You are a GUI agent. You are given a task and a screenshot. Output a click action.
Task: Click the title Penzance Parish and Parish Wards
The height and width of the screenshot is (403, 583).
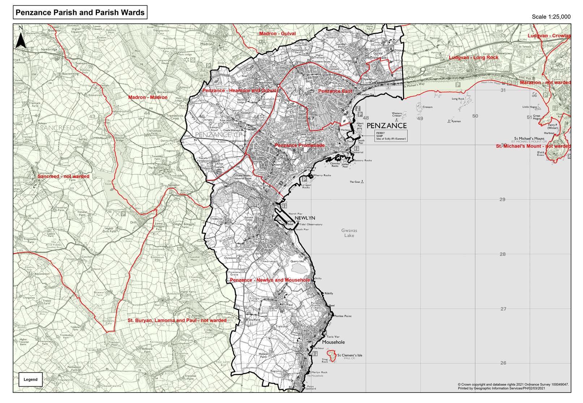(x=80, y=13)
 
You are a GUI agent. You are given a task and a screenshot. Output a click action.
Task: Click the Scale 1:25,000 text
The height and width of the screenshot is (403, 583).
(x=551, y=17)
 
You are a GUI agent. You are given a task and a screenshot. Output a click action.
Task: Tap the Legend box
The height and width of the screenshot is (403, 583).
(x=31, y=380)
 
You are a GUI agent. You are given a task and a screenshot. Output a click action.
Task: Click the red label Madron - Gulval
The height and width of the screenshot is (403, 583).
(x=277, y=34)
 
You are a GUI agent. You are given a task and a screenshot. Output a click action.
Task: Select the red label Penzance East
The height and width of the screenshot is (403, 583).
(x=335, y=91)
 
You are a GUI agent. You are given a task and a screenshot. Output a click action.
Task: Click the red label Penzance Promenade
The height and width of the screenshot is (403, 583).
(x=299, y=145)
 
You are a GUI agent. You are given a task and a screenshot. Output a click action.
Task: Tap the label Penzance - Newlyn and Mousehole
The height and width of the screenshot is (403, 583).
(x=270, y=280)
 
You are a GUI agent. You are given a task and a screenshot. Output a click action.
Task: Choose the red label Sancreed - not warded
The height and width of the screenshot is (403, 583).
(x=63, y=176)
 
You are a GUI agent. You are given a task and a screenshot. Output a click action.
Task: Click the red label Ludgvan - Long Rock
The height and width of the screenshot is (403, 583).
(x=473, y=57)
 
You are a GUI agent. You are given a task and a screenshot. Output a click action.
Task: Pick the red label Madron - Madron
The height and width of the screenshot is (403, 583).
(x=148, y=97)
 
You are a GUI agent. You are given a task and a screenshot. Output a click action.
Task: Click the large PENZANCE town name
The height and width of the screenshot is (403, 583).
(x=387, y=126)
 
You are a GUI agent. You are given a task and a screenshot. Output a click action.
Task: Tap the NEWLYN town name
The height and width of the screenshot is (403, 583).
(x=305, y=218)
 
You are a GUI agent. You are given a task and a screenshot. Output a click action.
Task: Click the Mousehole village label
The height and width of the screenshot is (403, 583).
(x=333, y=342)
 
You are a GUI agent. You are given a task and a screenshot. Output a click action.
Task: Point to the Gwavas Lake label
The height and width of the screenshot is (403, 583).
(x=349, y=233)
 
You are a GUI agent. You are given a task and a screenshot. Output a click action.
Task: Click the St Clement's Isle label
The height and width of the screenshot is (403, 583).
(x=349, y=355)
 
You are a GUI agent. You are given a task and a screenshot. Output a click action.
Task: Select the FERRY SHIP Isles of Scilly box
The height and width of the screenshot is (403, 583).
(x=391, y=136)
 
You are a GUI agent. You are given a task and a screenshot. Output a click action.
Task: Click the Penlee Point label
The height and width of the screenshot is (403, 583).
(x=342, y=316)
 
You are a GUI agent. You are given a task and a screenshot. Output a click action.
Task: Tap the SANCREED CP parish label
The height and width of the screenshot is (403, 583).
(x=62, y=128)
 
